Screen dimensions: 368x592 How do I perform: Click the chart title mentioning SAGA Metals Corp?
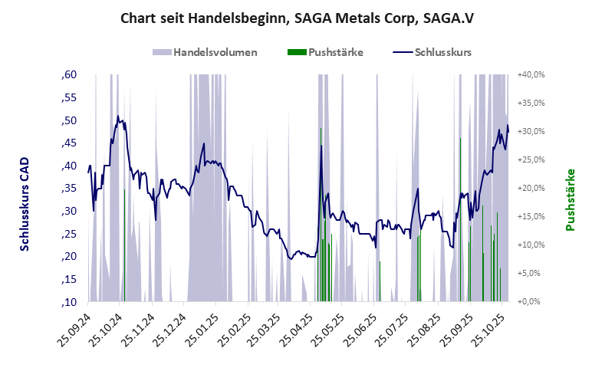[295, 18]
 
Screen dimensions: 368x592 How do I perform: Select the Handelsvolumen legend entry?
[205, 53]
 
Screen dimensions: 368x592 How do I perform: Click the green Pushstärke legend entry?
[327, 53]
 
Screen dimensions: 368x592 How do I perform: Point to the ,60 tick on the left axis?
[69, 74]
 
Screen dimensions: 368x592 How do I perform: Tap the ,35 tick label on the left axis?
[69, 188]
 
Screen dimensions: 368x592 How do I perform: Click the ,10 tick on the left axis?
[69, 301]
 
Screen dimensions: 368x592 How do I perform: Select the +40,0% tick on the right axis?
[531, 74]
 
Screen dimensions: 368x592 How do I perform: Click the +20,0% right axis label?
[531, 188]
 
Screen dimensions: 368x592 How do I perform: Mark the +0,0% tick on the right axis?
[531, 301]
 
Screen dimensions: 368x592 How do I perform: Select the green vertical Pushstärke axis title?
[570, 199]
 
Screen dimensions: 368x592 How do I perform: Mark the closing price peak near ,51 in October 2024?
[118, 117]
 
